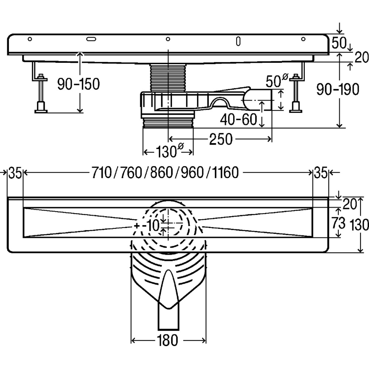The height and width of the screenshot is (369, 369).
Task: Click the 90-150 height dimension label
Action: click(x=78, y=85)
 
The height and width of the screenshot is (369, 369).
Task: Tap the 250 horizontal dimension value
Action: click(x=221, y=139)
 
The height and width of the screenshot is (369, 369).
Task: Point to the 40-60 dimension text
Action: click(x=238, y=119)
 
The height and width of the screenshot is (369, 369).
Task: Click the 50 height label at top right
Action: click(x=338, y=43)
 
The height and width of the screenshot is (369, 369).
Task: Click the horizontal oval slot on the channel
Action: click(x=91, y=39)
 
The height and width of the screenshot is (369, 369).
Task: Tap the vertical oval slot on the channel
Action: click(x=238, y=41)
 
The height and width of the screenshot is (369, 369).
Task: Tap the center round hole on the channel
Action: click(x=168, y=39)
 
